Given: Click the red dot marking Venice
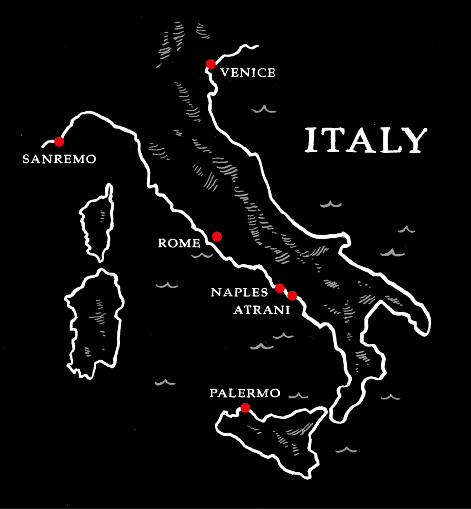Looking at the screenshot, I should [211, 64].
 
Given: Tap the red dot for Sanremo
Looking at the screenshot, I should [59, 141].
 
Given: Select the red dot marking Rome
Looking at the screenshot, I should [217, 236].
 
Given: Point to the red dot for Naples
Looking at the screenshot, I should [280, 288].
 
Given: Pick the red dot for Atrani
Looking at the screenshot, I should [292, 295].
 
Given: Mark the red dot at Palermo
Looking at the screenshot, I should [245, 408].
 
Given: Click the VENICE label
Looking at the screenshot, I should [248, 73].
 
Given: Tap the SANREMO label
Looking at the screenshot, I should [59, 159].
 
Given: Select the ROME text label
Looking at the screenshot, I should [179, 244].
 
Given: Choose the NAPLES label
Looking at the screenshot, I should [239, 293].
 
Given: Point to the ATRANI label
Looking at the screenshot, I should [262, 310].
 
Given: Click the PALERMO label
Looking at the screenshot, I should [245, 393].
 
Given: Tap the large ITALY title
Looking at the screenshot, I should [366, 140].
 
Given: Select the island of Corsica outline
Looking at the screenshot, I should [97, 224].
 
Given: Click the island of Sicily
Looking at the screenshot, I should [275, 435].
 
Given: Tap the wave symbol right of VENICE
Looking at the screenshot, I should [264, 109].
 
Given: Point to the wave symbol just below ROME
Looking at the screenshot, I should [202, 256].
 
